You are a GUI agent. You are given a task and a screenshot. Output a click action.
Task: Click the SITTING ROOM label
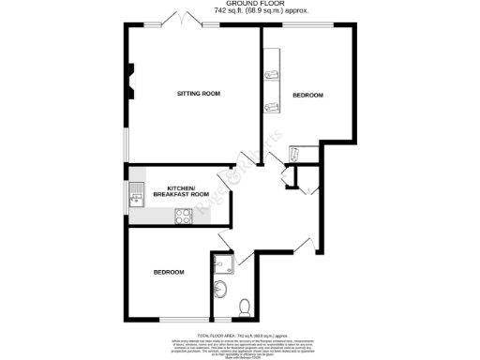[199, 94]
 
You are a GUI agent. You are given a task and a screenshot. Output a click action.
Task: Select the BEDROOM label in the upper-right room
[307, 96]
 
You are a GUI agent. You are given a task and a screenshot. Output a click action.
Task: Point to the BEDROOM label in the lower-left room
[169, 272]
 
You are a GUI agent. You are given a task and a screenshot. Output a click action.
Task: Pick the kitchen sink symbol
[135, 196]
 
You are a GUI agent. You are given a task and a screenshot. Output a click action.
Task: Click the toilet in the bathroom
[245, 306]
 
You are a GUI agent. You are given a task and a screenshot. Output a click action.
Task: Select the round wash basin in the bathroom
[219, 288]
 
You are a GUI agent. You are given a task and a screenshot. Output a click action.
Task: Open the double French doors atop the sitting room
[180, 19]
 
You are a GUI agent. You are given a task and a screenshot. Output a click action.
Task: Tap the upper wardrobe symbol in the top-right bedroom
[273, 74]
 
